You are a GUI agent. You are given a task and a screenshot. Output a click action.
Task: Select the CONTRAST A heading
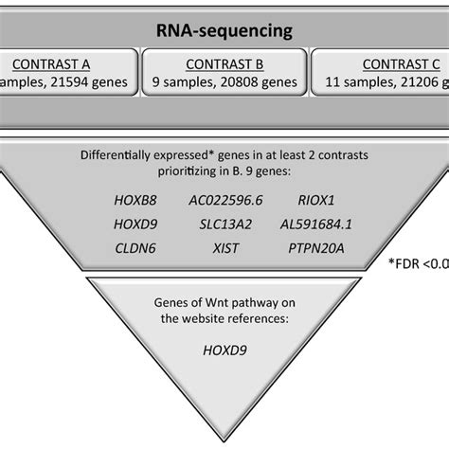click(53, 65)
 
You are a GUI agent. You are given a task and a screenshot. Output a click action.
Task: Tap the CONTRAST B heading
click(224, 65)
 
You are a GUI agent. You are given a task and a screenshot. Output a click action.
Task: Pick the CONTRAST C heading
click(399, 65)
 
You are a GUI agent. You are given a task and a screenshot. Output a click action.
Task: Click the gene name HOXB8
click(124, 201)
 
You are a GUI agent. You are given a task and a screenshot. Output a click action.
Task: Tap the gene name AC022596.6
click(225, 201)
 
